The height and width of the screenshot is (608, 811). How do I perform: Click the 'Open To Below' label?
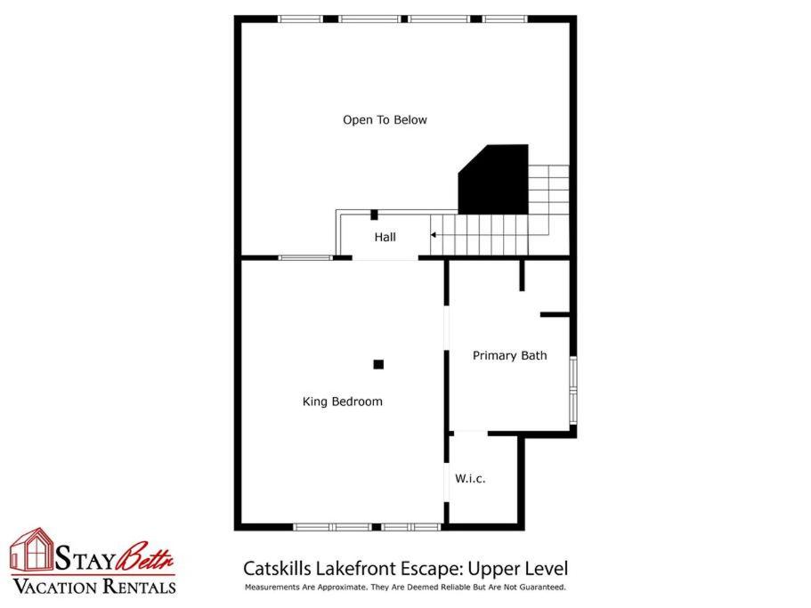click(x=385, y=120)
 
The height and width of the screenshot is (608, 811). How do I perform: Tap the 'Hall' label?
click(x=385, y=238)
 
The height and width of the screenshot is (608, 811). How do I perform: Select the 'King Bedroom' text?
click(x=343, y=401)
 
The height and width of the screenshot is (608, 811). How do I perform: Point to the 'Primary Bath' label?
click(x=509, y=356)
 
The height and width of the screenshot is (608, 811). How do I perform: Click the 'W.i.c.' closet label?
click(x=470, y=479)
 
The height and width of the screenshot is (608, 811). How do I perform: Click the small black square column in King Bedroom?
click(x=378, y=364)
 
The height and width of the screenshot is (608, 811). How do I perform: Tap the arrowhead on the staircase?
click(x=434, y=235)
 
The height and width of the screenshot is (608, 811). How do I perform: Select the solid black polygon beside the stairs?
click(x=493, y=180)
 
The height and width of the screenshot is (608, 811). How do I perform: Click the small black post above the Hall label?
click(x=375, y=215)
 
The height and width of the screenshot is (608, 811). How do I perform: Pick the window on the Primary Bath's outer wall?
click(x=573, y=390)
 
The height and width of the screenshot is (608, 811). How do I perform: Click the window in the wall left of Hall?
click(x=305, y=257)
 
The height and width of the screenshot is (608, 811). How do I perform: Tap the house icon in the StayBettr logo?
click(x=32, y=549)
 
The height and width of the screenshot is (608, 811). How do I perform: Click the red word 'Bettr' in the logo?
click(x=145, y=557)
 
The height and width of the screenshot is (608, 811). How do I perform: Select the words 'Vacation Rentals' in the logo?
click(x=94, y=587)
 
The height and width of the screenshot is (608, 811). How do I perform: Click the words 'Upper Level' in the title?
click(x=518, y=569)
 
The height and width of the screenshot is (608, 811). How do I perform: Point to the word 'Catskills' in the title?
click(x=278, y=569)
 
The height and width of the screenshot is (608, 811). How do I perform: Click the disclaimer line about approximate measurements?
click(x=405, y=588)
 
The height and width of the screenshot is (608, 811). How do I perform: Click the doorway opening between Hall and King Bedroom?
click(x=385, y=258)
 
